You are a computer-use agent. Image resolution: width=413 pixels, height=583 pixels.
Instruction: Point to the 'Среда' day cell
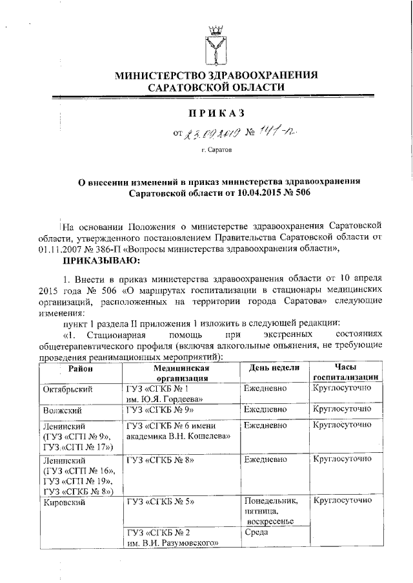click(259, 533)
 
